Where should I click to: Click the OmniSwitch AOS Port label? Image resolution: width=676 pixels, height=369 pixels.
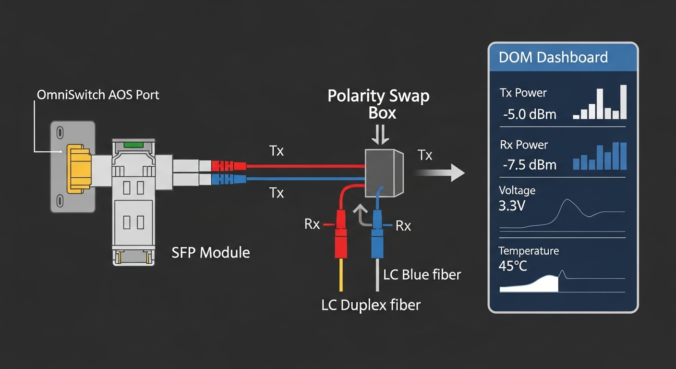click(x=98, y=95)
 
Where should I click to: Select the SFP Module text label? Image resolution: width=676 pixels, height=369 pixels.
click(x=211, y=252)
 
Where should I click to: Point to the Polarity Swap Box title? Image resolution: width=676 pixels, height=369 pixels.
click(x=379, y=103)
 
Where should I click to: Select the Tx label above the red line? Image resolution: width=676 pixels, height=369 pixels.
click(x=277, y=152)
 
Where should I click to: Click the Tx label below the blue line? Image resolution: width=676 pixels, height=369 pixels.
click(x=277, y=193)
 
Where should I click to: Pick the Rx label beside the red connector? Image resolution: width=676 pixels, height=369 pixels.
click(x=312, y=224)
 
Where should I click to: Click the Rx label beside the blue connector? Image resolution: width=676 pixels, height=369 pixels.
click(x=403, y=226)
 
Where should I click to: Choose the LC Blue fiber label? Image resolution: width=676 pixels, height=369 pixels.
click(x=422, y=274)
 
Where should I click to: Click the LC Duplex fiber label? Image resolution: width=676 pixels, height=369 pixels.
click(x=371, y=305)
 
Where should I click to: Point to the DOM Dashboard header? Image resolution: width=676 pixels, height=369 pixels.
click(x=553, y=58)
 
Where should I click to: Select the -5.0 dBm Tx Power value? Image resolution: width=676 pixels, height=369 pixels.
click(x=530, y=114)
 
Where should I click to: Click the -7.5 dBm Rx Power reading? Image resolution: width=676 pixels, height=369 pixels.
click(x=530, y=165)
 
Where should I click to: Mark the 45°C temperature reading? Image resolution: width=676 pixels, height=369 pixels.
click(x=513, y=266)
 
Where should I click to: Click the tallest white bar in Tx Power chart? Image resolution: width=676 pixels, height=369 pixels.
click(x=623, y=102)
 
